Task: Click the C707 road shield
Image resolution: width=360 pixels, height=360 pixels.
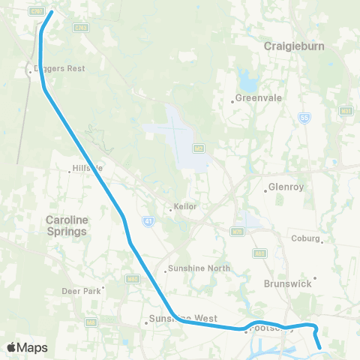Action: [x=35, y=10]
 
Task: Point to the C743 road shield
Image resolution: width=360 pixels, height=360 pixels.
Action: [x=81, y=28]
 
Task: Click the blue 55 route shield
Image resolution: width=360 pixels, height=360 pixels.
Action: [x=325, y=117]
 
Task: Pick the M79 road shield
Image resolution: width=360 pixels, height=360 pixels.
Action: [x=237, y=229]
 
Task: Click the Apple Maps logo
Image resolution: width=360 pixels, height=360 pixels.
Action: [x=27, y=347]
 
